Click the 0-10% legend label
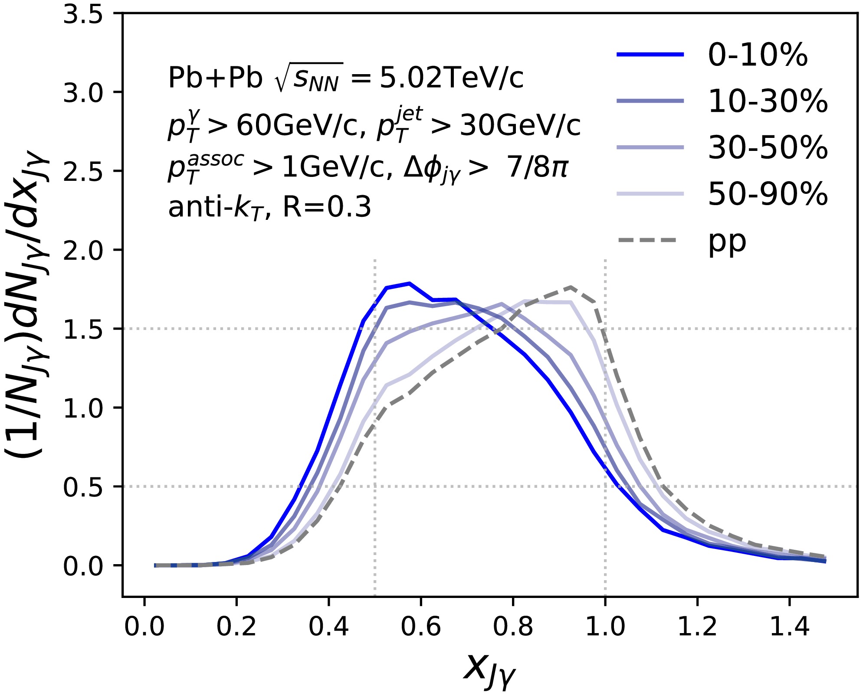pos(758,55)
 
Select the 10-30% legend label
pos(768,101)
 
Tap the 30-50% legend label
pos(768,148)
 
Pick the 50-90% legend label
pos(768,194)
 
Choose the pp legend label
pos(727,242)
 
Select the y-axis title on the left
pos(27,304)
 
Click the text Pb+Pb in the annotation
pos(215,78)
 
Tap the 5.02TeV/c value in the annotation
pos(451,78)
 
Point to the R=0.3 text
pos(327,207)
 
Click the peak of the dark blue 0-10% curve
pos(409,283)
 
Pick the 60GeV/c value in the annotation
pos(298,126)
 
